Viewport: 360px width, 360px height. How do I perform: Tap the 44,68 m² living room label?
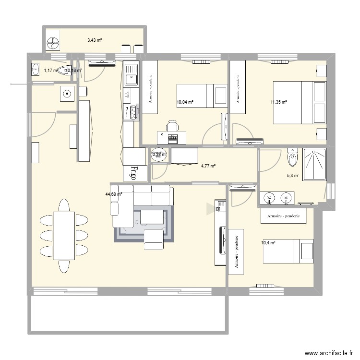tap(114, 194)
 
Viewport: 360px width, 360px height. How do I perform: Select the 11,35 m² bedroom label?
tap(278, 102)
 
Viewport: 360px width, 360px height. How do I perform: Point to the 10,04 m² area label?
tap(185, 102)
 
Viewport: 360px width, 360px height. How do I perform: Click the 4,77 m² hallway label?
tap(208, 166)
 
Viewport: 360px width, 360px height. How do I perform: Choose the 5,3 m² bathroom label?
tap(293, 176)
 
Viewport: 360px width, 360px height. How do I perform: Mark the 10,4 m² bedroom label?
tap(268, 243)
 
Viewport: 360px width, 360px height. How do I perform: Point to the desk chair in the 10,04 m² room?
tap(172, 127)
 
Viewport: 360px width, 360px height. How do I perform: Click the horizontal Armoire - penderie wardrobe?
tap(283, 216)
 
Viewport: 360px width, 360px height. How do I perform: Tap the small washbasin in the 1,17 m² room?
tap(36, 70)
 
